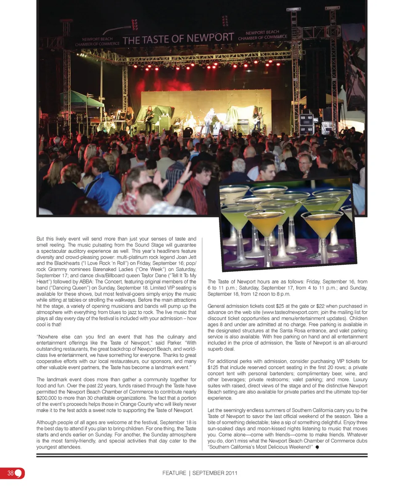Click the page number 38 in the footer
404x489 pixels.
10,473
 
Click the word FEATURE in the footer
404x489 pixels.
174,473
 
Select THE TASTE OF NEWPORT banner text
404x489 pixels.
178,39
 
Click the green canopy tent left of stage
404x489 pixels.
82,99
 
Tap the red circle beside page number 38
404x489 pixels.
19,473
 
